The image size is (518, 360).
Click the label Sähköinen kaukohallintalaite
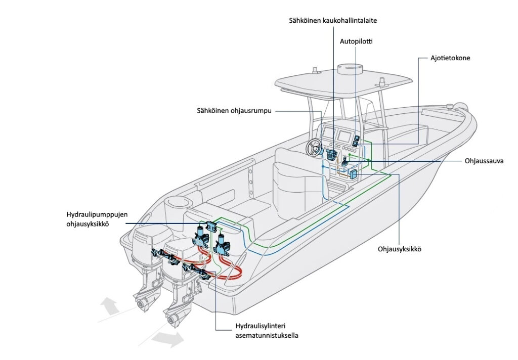333,20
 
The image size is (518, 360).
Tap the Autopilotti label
356,41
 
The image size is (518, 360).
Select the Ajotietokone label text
450,58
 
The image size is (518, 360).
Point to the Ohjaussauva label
484,161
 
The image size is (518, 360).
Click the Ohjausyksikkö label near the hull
400,249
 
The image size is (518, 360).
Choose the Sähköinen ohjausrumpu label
234,111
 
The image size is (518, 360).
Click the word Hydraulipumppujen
97,215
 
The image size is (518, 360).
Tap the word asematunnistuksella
267,336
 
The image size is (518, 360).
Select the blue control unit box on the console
353,174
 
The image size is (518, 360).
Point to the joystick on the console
344,162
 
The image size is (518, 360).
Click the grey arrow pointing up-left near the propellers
109,305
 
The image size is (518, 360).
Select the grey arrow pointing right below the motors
168,339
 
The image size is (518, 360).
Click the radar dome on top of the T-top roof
350,69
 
